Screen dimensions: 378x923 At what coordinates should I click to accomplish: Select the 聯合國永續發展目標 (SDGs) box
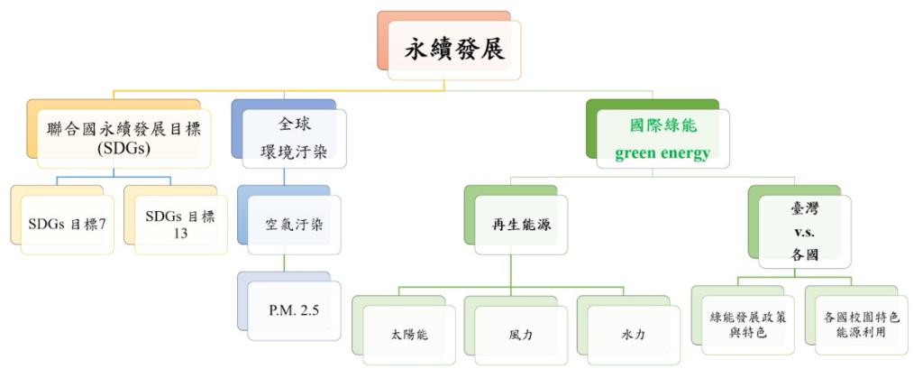(120, 135)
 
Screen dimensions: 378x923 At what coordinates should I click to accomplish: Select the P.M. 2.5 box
(292, 309)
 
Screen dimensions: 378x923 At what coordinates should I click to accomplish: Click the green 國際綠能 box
(662, 126)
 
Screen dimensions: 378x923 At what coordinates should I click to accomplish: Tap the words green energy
(662, 153)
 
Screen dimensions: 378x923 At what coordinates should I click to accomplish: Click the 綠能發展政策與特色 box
(744, 325)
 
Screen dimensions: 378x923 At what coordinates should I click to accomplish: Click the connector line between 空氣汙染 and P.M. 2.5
(285, 261)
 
